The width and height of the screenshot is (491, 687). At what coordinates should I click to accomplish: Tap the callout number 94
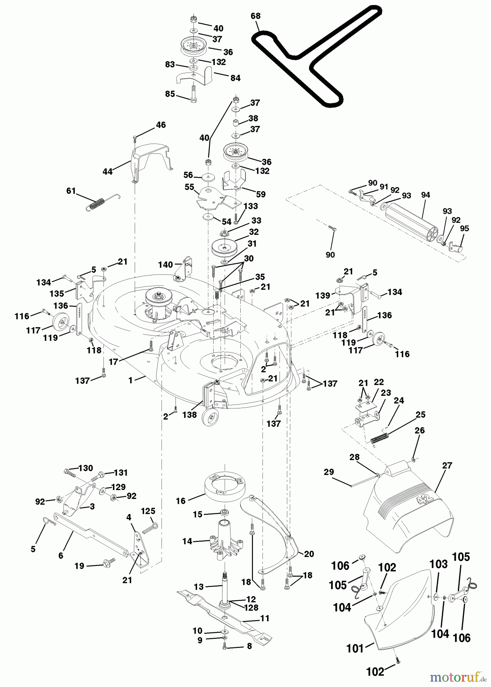click(x=425, y=195)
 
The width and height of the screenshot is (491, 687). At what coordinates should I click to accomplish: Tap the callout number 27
click(x=447, y=466)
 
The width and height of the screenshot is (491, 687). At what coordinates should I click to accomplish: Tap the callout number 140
click(x=166, y=264)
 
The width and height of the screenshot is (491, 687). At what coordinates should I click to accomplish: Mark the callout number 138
click(x=189, y=415)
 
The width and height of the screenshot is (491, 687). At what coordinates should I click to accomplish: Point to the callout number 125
click(x=148, y=511)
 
